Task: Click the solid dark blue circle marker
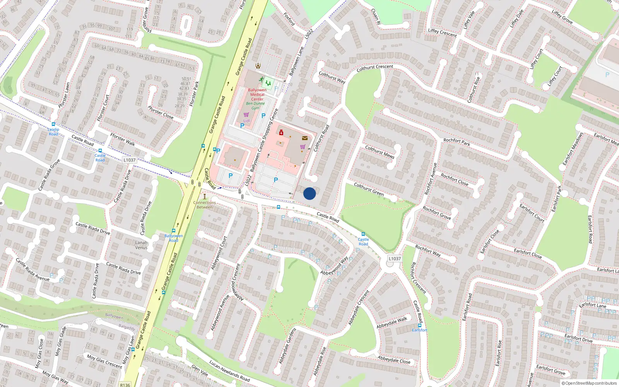309,193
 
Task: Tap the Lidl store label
246,121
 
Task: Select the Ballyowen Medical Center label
257,94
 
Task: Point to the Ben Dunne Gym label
255,106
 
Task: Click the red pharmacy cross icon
281,133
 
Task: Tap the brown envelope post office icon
305,138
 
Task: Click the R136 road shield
125,385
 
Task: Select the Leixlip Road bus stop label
53,132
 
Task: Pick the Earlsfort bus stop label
419,330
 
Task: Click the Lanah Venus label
141,245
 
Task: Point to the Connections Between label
205,205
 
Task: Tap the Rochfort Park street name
457,142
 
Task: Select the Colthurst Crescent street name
374,68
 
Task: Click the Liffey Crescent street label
442,33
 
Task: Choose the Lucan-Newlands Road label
229,371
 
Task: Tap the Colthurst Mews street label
380,152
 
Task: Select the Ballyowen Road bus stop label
173,238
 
